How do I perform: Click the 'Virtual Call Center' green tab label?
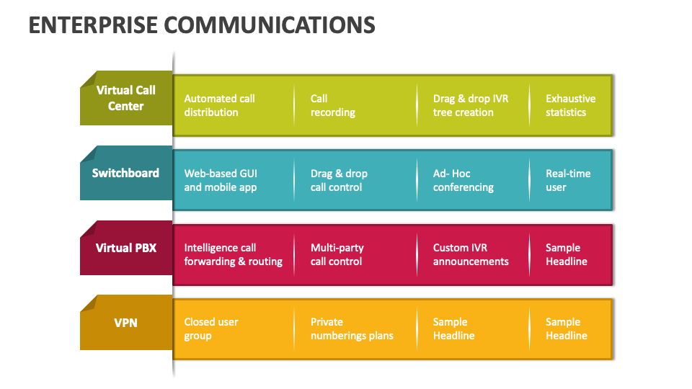coord(126,98)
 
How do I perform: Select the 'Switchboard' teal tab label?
coord(125,173)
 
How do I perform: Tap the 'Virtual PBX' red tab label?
coord(126,248)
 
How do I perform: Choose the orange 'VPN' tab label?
coord(126,322)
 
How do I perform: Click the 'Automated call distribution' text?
coord(219,105)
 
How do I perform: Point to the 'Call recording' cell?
coord(332,105)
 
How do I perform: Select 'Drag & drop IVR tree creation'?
coord(470,105)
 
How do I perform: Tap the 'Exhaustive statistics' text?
coord(570,105)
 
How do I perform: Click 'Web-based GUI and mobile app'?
coord(220,180)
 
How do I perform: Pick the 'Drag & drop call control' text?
coord(339,180)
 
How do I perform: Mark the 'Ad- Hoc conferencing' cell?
coord(463,180)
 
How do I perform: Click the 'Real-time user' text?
coord(567,180)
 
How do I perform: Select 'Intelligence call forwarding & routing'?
coord(233,254)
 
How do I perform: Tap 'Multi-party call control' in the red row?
coord(337,254)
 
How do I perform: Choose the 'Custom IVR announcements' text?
coord(470,254)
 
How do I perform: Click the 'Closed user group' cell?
coord(210,328)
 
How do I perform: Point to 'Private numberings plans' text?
coord(352,328)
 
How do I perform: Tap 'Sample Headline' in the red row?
coord(566,254)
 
